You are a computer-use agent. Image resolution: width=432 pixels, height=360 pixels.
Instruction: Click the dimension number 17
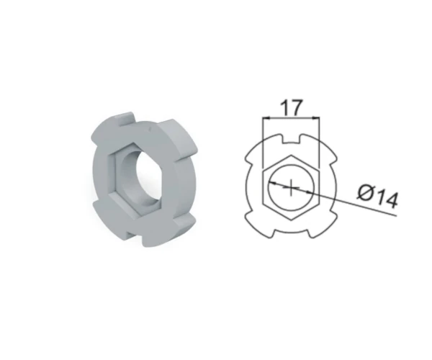(x=292, y=107)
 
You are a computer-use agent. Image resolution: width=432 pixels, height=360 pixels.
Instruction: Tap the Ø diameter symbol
(x=366, y=192)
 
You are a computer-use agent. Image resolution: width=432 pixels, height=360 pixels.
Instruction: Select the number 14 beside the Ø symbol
(x=387, y=198)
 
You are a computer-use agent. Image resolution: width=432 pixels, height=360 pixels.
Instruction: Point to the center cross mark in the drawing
(x=291, y=188)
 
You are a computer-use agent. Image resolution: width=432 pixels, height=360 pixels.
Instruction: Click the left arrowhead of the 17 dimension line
(x=266, y=118)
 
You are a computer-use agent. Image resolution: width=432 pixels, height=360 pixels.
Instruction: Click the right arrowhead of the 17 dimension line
(x=317, y=118)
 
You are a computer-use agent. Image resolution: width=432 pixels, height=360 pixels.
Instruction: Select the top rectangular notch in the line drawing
(x=291, y=140)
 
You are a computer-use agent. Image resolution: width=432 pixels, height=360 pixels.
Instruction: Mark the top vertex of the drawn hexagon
(x=291, y=155)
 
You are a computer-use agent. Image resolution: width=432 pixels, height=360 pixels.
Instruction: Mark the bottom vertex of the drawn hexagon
(x=291, y=220)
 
